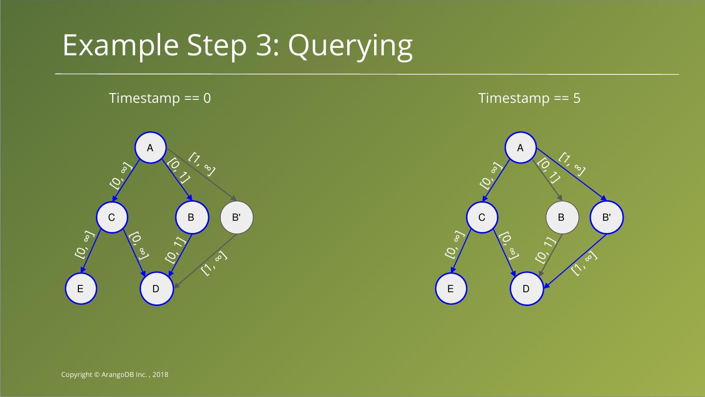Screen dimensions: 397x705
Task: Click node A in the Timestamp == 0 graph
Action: (x=150, y=147)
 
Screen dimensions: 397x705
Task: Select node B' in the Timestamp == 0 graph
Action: (x=236, y=217)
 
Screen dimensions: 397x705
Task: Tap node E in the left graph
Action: (x=81, y=288)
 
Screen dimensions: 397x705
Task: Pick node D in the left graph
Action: (x=156, y=288)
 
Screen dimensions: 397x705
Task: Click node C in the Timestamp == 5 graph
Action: (x=482, y=217)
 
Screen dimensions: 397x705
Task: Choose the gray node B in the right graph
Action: (x=562, y=217)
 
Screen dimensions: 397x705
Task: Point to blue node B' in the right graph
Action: (x=607, y=217)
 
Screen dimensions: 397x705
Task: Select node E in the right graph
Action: (x=451, y=288)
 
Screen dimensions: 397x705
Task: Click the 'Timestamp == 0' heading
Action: (x=160, y=98)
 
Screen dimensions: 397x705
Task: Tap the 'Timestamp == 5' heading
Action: (x=529, y=98)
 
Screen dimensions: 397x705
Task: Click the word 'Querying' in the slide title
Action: (x=350, y=46)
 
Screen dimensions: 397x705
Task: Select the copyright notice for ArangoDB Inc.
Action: (x=115, y=374)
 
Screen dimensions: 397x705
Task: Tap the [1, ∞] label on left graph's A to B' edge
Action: (x=202, y=163)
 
